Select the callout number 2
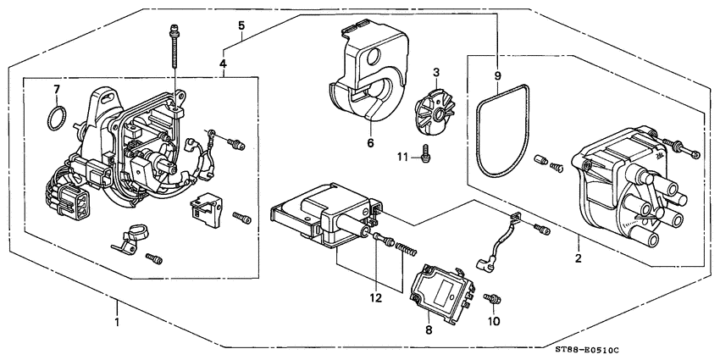coord(578,258)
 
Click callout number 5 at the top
coord(242,25)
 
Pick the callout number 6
coord(370,143)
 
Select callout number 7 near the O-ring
coord(56,88)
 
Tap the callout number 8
coord(429,330)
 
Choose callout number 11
coord(402,156)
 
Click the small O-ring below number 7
coord(56,116)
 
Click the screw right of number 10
coord(492,300)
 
